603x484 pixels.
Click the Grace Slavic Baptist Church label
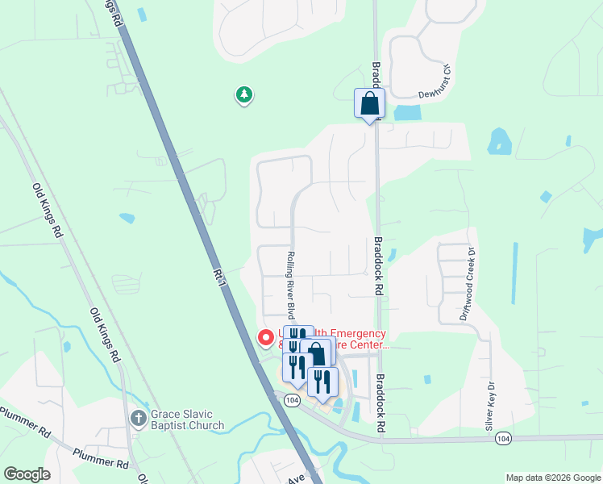[188, 419]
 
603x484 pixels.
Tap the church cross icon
[138, 419]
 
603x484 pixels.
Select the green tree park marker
[243, 95]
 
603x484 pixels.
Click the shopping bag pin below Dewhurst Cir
[369, 104]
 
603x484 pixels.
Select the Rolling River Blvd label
[289, 285]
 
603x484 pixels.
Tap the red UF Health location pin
[264, 338]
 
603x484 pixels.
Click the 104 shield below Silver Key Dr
[503, 438]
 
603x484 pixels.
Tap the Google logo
[27, 474]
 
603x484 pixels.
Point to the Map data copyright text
[552, 478]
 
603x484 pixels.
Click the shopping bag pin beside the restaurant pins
[318, 353]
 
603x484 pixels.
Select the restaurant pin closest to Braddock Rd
[322, 382]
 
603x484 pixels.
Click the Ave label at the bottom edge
[296, 478]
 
